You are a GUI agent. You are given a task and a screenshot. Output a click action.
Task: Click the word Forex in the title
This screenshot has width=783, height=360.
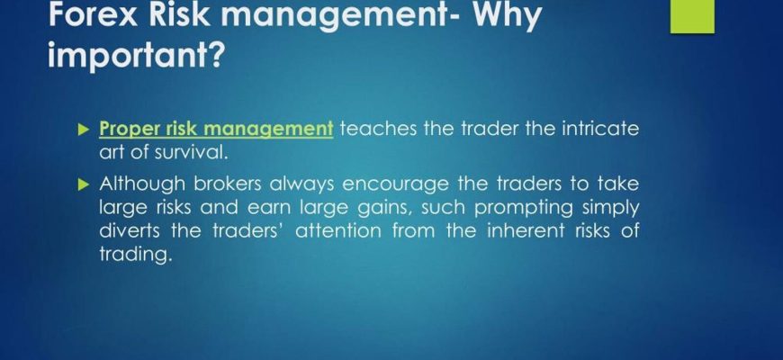(93, 15)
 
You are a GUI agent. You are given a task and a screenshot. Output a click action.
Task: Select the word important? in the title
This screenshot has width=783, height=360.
(135, 54)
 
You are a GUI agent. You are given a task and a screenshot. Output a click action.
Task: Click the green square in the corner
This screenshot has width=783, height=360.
(692, 16)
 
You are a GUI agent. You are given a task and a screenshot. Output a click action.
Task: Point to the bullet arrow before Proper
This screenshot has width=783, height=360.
(84, 130)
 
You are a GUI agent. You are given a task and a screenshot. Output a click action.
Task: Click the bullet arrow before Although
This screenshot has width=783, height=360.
(84, 185)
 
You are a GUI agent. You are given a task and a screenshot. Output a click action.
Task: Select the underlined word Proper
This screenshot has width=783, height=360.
(122, 130)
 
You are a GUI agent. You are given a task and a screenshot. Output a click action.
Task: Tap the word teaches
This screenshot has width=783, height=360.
(378, 129)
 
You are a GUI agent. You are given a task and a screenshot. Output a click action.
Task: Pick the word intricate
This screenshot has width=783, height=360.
(600, 129)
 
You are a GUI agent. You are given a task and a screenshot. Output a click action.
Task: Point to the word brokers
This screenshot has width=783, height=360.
(228, 184)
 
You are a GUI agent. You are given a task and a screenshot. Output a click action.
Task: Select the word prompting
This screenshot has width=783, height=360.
(523, 208)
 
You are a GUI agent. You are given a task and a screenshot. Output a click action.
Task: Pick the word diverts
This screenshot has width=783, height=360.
(130, 230)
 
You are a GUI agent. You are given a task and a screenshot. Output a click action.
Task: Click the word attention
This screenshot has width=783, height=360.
(339, 230)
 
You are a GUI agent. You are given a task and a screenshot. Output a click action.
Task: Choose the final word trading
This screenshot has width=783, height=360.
(136, 255)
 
